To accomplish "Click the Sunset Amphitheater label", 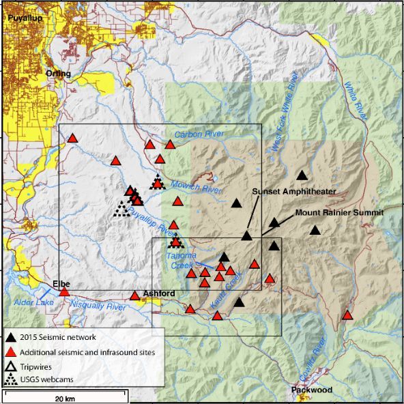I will click(x=294, y=192).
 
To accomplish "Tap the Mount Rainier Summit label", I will click(x=339, y=213).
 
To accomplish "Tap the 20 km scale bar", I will click(x=66, y=394).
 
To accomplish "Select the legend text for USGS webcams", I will click(x=47, y=379).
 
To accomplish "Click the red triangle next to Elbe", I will click(x=64, y=292).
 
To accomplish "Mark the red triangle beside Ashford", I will click(x=135, y=295).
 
